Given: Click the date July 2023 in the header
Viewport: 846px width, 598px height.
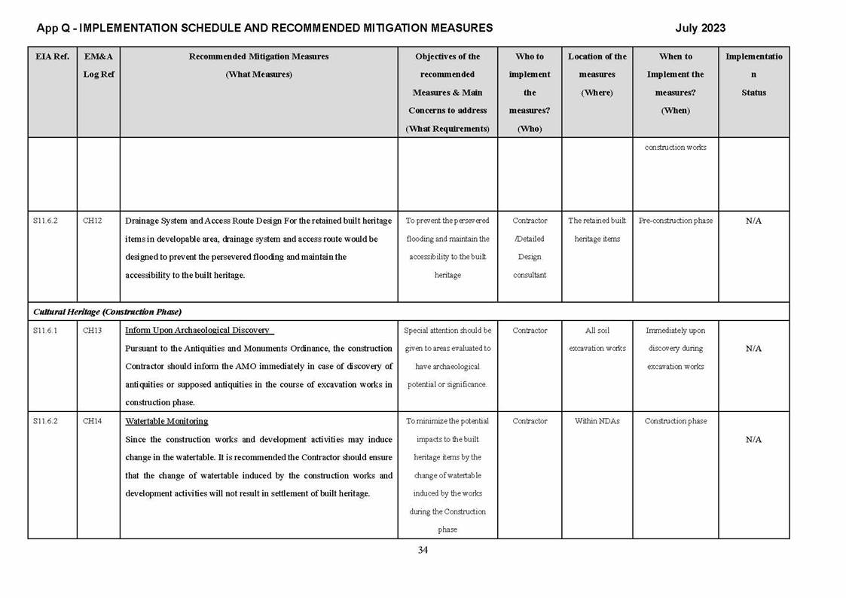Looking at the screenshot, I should (x=700, y=29).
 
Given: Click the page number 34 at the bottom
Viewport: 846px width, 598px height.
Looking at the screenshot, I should (x=423, y=550).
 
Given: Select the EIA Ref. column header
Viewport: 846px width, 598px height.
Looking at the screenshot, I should (x=51, y=56).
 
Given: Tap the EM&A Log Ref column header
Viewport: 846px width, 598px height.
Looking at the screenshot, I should (x=98, y=66).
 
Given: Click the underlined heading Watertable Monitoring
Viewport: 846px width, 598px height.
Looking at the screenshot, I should (x=166, y=421).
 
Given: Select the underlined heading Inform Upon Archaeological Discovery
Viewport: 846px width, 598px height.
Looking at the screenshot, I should (x=198, y=331).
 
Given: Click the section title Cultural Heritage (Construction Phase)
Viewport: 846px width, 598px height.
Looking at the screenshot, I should (x=107, y=312).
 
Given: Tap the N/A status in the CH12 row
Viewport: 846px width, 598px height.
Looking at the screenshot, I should (x=753, y=221).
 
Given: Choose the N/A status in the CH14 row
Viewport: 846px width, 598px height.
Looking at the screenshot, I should (x=753, y=439).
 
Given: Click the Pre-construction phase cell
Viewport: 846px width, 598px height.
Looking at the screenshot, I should (x=675, y=221).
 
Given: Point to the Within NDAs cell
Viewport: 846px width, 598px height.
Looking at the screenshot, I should (x=597, y=421).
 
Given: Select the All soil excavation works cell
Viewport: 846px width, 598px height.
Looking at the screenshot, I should (x=597, y=340).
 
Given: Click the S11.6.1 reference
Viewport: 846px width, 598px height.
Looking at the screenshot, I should (x=45, y=331).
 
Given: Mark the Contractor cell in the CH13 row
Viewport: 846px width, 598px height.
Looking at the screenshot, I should (x=530, y=331).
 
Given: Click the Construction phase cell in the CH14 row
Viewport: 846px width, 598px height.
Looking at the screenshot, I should (x=675, y=421).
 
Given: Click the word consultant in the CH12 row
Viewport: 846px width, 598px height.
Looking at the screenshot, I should (x=530, y=275).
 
